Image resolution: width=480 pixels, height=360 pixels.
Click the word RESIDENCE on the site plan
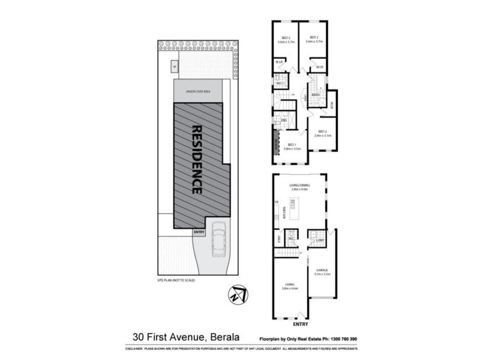(x=196, y=159)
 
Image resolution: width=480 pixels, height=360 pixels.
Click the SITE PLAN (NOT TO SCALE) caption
(x=175, y=280)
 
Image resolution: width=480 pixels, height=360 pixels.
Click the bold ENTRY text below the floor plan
(x=301, y=325)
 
